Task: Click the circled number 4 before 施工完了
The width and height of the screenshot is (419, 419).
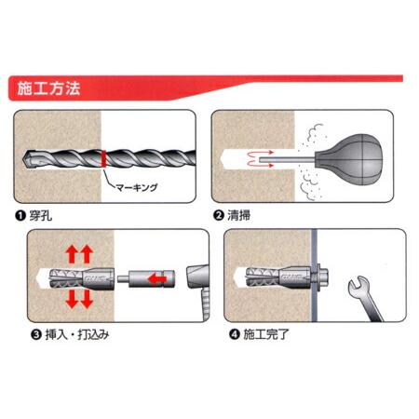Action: [223, 332]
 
